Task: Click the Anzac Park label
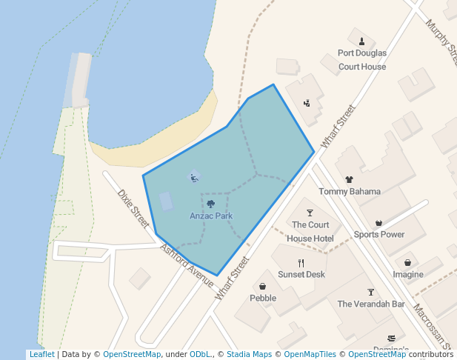click(x=211, y=216)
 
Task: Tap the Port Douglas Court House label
click(x=362, y=60)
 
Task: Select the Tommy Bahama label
click(x=350, y=191)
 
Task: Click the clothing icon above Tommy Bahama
click(x=350, y=179)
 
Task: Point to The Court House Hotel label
click(x=310, y=231)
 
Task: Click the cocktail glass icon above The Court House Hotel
click(x=310, y=213)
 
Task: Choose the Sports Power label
click(x=379, y=234)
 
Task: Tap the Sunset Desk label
click(x=301, y=274)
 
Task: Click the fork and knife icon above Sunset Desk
click(x=301, y=263)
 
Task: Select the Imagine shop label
click(x=408, y=274)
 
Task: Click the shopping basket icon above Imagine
click(x=408, y=262)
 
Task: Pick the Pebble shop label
click(x=263, y=298)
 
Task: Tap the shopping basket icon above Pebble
click(x=263, y=286)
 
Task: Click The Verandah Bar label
click(x=371, y=304)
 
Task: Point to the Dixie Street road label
click(x=134, y=207)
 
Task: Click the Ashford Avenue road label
click(x=187, y=261)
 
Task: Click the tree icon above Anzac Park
click(x=211, y=204)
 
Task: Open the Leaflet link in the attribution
click(x=41, y=354)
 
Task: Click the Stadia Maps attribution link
click(x=249, y=354)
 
